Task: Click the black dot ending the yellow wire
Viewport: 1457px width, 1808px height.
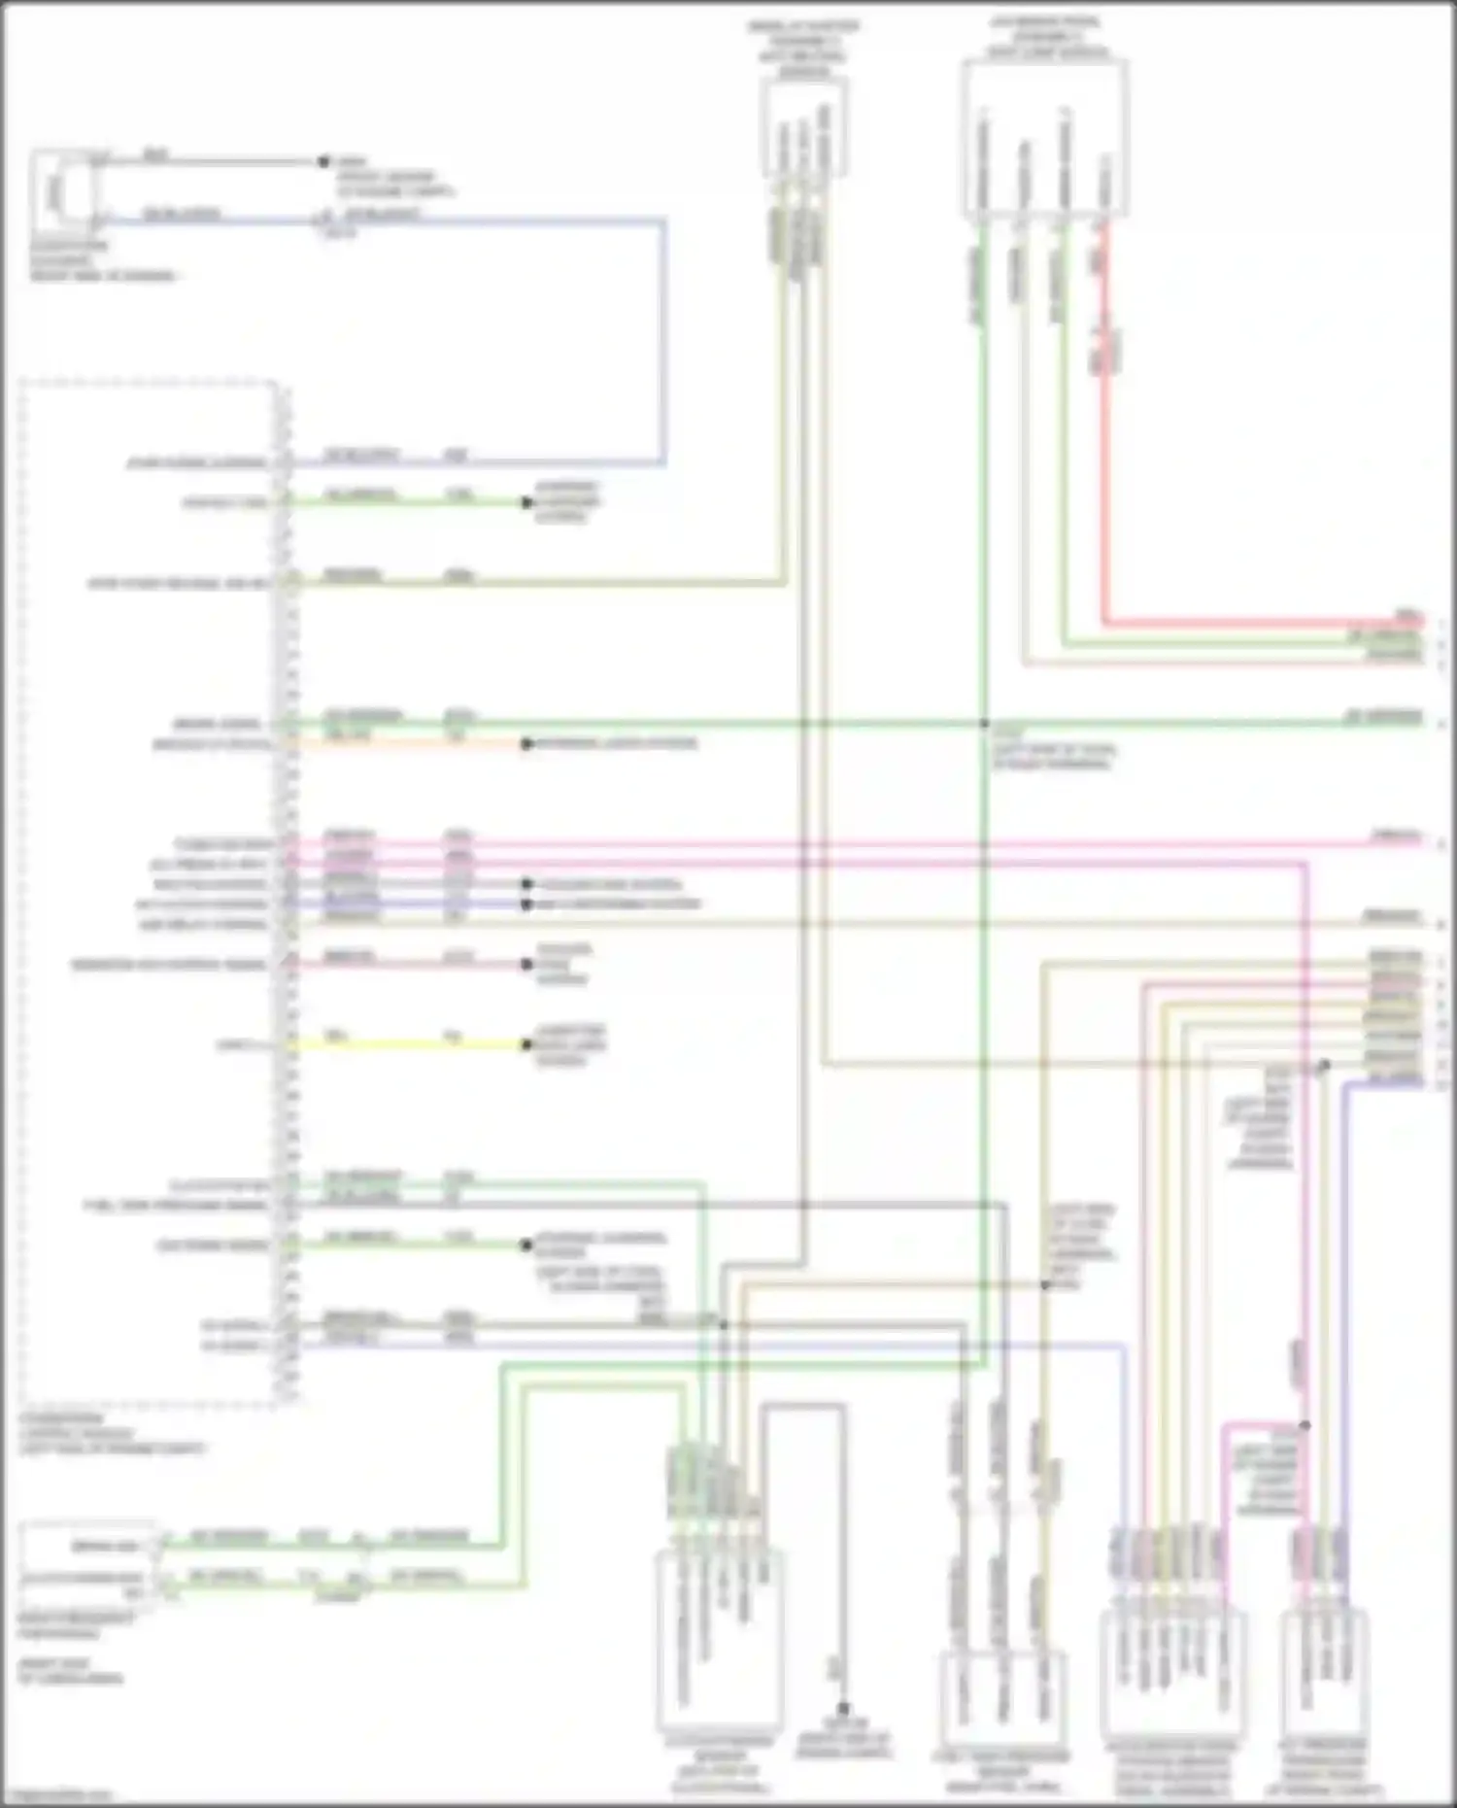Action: pos(526,1045)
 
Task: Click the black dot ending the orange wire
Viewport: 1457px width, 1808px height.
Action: pos(526,744)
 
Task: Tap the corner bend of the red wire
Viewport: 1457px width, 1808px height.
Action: pos(1104,622)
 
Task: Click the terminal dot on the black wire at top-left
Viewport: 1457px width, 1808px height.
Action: pos(323,162)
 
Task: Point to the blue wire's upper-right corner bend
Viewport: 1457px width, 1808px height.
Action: pos(664,222)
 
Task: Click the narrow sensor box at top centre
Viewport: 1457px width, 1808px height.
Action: pos(803,129)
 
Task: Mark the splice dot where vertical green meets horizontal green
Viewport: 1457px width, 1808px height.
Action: pos(984,724)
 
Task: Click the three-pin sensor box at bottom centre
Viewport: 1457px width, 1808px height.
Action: pos(1003,1690)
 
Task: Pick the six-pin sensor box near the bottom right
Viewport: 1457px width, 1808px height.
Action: pos(1172,1671)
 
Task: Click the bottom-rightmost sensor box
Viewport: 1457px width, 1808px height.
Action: pos(1323,1671)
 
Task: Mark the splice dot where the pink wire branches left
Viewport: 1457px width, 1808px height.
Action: pos(1305,1426)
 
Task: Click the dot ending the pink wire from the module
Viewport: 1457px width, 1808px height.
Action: pos(526,965)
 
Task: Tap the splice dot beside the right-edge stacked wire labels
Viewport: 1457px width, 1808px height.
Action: pos(1324,1066)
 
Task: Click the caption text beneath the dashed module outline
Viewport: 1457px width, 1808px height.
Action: pos(112,1434)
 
